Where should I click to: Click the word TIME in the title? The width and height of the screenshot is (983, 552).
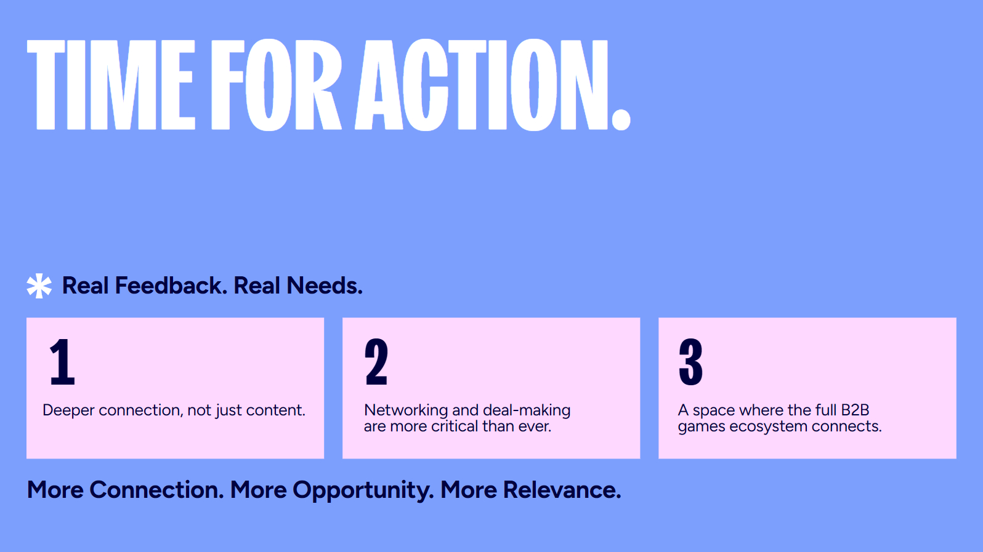tap(111, 85)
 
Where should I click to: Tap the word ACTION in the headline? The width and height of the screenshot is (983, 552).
tap(482, 85)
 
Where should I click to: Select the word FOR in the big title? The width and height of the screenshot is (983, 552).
tap(277, 85)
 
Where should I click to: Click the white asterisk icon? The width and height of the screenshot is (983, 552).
tap(39, 286)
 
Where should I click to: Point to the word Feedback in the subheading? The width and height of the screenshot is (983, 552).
tap(171, 286)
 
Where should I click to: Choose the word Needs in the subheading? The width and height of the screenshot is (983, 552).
tap(325, 286)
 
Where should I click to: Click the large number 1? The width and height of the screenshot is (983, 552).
tap(62, 362)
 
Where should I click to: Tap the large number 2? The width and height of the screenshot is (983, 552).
tap(376, 362)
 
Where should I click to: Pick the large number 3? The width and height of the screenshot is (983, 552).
tap(690, 362)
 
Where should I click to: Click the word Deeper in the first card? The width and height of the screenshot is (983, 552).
tap(68, 411)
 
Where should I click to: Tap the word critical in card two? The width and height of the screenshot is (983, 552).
tap(455, 426)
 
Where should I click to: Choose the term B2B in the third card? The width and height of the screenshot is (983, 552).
tap(855, 410)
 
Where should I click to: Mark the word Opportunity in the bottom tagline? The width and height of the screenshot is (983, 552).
tap(363, 490)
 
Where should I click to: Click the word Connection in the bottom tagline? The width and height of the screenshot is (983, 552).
tap(156, 490)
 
